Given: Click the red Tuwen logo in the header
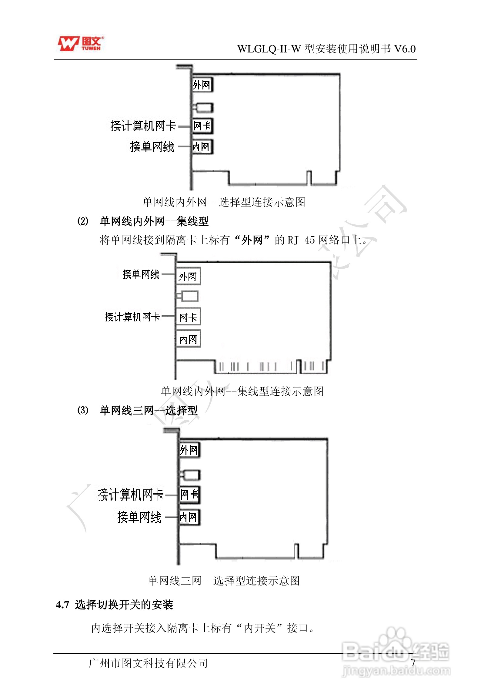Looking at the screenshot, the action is (x=81, y=44).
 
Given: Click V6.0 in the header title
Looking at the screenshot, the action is (x=405, y=49).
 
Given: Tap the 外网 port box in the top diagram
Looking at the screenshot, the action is (x=202, y=85).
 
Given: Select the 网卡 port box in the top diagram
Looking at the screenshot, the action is (x=202, y=126).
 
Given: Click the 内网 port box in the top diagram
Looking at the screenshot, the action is (x=202, y=147).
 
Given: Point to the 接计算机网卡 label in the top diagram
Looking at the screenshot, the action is (x=143, y=126).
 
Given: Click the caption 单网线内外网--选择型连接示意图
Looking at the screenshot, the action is (x=224, y=202).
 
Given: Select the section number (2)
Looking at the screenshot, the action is (x=83, y=221).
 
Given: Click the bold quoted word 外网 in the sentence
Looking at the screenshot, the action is (x=252, y=240).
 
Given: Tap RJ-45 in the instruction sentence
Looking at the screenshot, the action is (x=301, y=240).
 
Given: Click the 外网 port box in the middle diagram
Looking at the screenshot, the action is (x=188, y=276).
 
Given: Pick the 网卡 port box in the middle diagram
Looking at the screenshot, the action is (x=188, y=317).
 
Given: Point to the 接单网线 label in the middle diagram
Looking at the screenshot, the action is (x=141, y=274).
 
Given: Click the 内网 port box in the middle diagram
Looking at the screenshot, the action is (x=188, y=339).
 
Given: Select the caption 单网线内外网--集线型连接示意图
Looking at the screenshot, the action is (x=242, y=391).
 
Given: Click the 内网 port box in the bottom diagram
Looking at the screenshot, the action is (x=189, y=517).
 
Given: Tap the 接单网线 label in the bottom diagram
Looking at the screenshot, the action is (x=139, y=517).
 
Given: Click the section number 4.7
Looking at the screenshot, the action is (x=62, y=605).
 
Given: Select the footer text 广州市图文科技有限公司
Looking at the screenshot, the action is (x=148, y=663).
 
